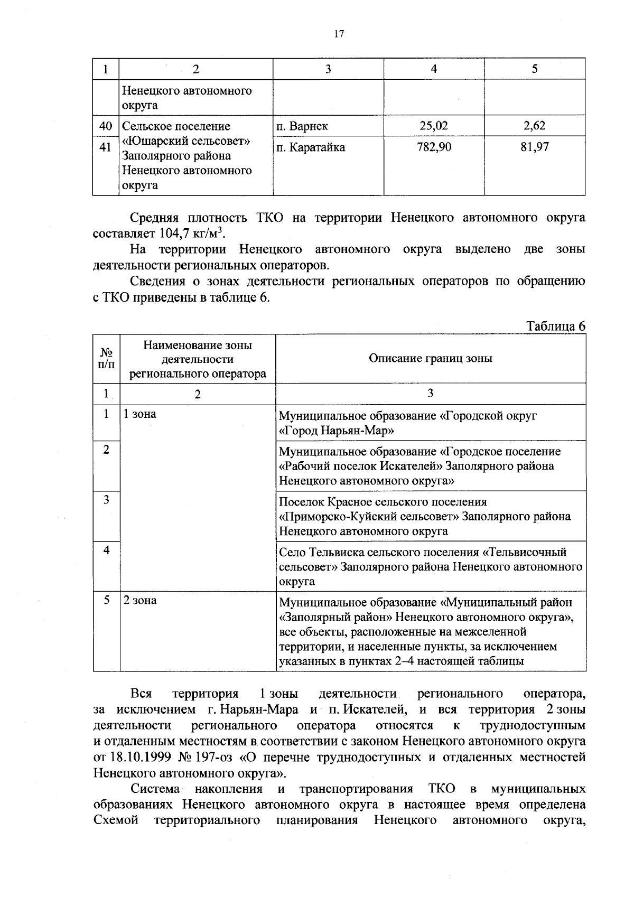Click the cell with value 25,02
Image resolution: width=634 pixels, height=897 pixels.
pyautogui.click(x=434, y=126)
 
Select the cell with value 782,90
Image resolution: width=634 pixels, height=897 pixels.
pyautogui.click(x=434, y=147)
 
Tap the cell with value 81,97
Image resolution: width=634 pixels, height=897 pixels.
pyautogui.click(x=535, y=147)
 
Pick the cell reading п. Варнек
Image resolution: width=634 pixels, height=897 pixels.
pyautogui.click(x=302, y=126)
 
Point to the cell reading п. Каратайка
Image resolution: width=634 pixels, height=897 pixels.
pyautogui.click(x=311, y=147)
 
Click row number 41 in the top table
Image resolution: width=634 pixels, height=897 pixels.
pyautogui.click(x=106, y=147)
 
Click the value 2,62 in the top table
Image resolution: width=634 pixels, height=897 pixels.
pyautogui.click(x=535, y=126)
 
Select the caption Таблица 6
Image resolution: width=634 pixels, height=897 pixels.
pyautogui.click(x=556, y=326)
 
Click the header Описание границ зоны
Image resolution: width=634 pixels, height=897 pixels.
pyautogui.click(x=431, y=359)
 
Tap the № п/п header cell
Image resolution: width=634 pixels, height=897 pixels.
pyautogui.click(x=106, y=358)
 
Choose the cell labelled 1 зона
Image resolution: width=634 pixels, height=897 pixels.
pyautogui.click(x=140, y=414)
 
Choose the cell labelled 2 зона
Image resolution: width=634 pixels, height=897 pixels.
pyautogui.click(x=140, y=601)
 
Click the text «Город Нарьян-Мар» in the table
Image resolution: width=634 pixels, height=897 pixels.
pyautogui.click(x=337, y=431)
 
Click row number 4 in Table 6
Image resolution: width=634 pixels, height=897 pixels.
pyautogui.click(x=106, y=550)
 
